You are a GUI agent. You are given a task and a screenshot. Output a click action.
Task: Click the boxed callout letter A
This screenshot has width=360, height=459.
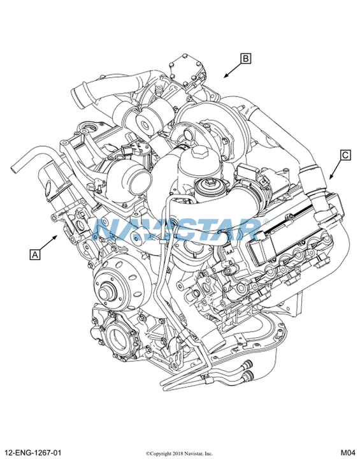[x=35, y=254]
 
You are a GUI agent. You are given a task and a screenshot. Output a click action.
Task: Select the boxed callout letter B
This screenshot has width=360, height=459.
[x=246, y=59]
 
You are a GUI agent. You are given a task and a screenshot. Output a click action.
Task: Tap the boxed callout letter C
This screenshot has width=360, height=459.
[x=345, y=154]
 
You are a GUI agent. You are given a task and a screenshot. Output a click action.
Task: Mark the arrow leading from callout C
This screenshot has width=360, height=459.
[x=336, y=169]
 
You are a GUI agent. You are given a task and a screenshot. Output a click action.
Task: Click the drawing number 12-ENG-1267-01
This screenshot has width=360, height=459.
[x=33, y=453]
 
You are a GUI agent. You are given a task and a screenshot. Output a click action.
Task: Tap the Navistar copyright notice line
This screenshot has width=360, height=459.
[x=180, y=454]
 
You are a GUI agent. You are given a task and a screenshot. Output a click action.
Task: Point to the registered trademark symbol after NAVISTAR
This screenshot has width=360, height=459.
[x=266, y=222]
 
